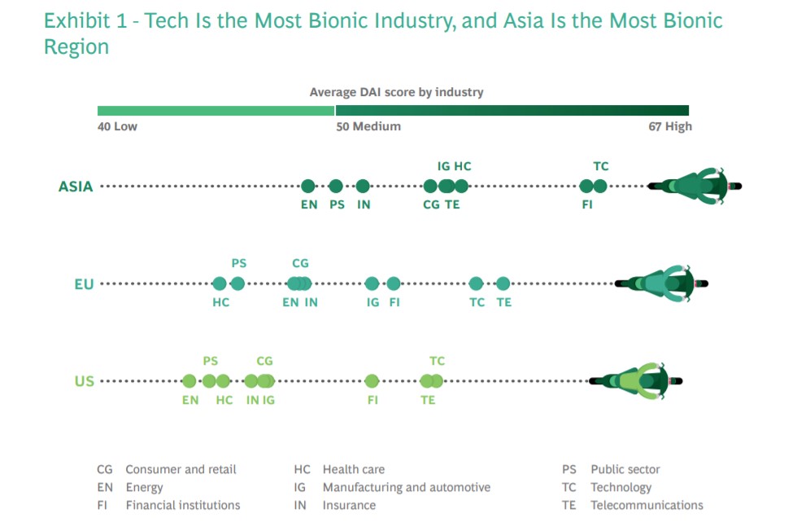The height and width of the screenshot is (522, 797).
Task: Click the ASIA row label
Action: pyautogui.click(x=76, y=186)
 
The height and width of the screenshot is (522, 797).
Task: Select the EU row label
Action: pyautogui.click(x=84, y=284)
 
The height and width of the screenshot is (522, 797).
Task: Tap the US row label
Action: pyautogui.click(x=85, y=381)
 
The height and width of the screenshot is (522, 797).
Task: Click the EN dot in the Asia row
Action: pyautogui.click(x=308, y=186)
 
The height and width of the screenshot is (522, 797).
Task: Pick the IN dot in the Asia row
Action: pyautogui.click(x=363, y=186)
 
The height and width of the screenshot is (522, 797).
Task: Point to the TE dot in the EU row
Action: pyautogui.click(x=503, y=283)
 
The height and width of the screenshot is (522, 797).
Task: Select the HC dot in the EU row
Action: pyautogui.click(x=220, y=283)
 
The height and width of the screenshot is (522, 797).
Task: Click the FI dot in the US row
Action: pyautogui.click(x=372, y=380)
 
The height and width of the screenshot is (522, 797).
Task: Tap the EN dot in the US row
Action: pyautogui.click(x=189, y=380)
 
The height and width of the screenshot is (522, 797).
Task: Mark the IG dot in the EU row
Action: pyautogui.click(x=372, y=283)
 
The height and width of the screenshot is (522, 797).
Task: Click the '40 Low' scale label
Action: pyautogui.click(x=117, y=126)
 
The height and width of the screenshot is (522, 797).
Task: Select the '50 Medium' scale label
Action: pyautogui.click(x=368, y=126)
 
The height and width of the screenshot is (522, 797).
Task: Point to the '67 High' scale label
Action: pyautogui.click(x=666, y=126)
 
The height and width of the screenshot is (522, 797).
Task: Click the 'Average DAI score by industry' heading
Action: pyautogui.click(x=396, y=92)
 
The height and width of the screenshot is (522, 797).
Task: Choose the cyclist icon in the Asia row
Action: pyautogui.click(x=695, y=186)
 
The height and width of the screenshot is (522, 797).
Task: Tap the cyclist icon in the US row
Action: pyautogui.click(x=636, y=380)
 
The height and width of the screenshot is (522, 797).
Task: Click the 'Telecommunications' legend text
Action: pyautogui.click(x=647, y=505)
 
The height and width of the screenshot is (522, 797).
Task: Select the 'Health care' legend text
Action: pyautogui.click(x=354, y=469)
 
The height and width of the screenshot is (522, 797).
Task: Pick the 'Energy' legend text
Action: pyautogui.click(x=144, y=487)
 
